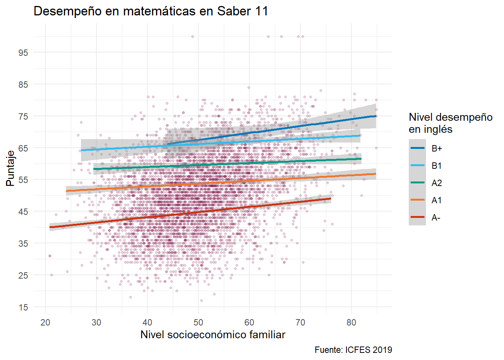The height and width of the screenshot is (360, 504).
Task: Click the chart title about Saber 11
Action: coord(151,11)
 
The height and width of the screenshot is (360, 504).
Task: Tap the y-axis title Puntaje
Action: coord(10,168)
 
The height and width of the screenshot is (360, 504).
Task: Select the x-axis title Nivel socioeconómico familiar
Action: coord(213,334)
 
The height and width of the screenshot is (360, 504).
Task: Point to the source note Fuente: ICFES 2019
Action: coord(353,350)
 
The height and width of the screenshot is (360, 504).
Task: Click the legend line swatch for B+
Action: coord(417,148)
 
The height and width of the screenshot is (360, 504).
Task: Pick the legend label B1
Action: coord(436,166)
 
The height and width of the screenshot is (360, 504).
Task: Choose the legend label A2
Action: coord(436,183)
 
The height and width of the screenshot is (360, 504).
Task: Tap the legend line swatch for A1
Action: coord(417,200)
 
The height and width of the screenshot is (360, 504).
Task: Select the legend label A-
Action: coord(436,217)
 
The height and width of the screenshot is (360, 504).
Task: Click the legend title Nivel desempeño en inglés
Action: coord(450,123)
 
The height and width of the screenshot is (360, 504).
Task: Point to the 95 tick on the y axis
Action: coord(23,52)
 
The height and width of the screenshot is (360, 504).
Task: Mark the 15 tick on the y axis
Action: coord(23,307)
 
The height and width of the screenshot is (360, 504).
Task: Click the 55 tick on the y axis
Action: coord(23,180)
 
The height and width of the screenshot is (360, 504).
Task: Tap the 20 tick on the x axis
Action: coord(45,322)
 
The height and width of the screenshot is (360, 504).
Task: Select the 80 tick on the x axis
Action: coord(351,322)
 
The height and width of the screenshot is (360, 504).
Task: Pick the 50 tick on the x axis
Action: coord(198,322)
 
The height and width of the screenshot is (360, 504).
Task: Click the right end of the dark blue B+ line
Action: coord(376,116)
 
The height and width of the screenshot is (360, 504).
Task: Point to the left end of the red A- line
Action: coord(50,227)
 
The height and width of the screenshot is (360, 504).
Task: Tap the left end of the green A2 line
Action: coord(94,169)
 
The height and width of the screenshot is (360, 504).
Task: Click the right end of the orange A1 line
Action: coord(376,174)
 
